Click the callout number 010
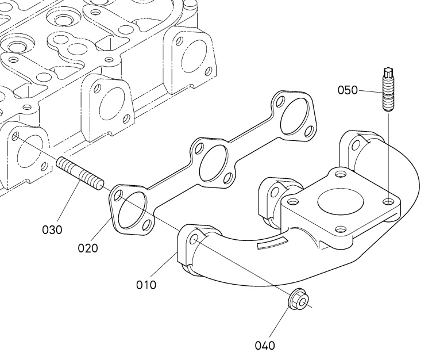click(x=146, y=285)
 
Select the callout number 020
click(x=88, y=248)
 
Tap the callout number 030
click(x=52, y=229)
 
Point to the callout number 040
click(x=265, y=346)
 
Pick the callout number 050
click(x=348, y=90)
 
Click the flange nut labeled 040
click(x=299, y=301)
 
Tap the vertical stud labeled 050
click(x=388, y=89)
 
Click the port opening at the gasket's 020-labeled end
click(x=133, y=210)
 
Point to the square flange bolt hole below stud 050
click(x=389, y=201)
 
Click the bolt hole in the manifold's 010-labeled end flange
click(x=194, y=239)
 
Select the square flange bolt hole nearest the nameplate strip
click(x=341, y=229)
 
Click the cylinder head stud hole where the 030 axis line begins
click(x=16, y=136)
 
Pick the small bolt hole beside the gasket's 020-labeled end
click(x=118, y=195)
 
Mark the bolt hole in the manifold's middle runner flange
click(x=275, y=192)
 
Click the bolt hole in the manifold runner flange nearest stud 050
click(x=356, y=144)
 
